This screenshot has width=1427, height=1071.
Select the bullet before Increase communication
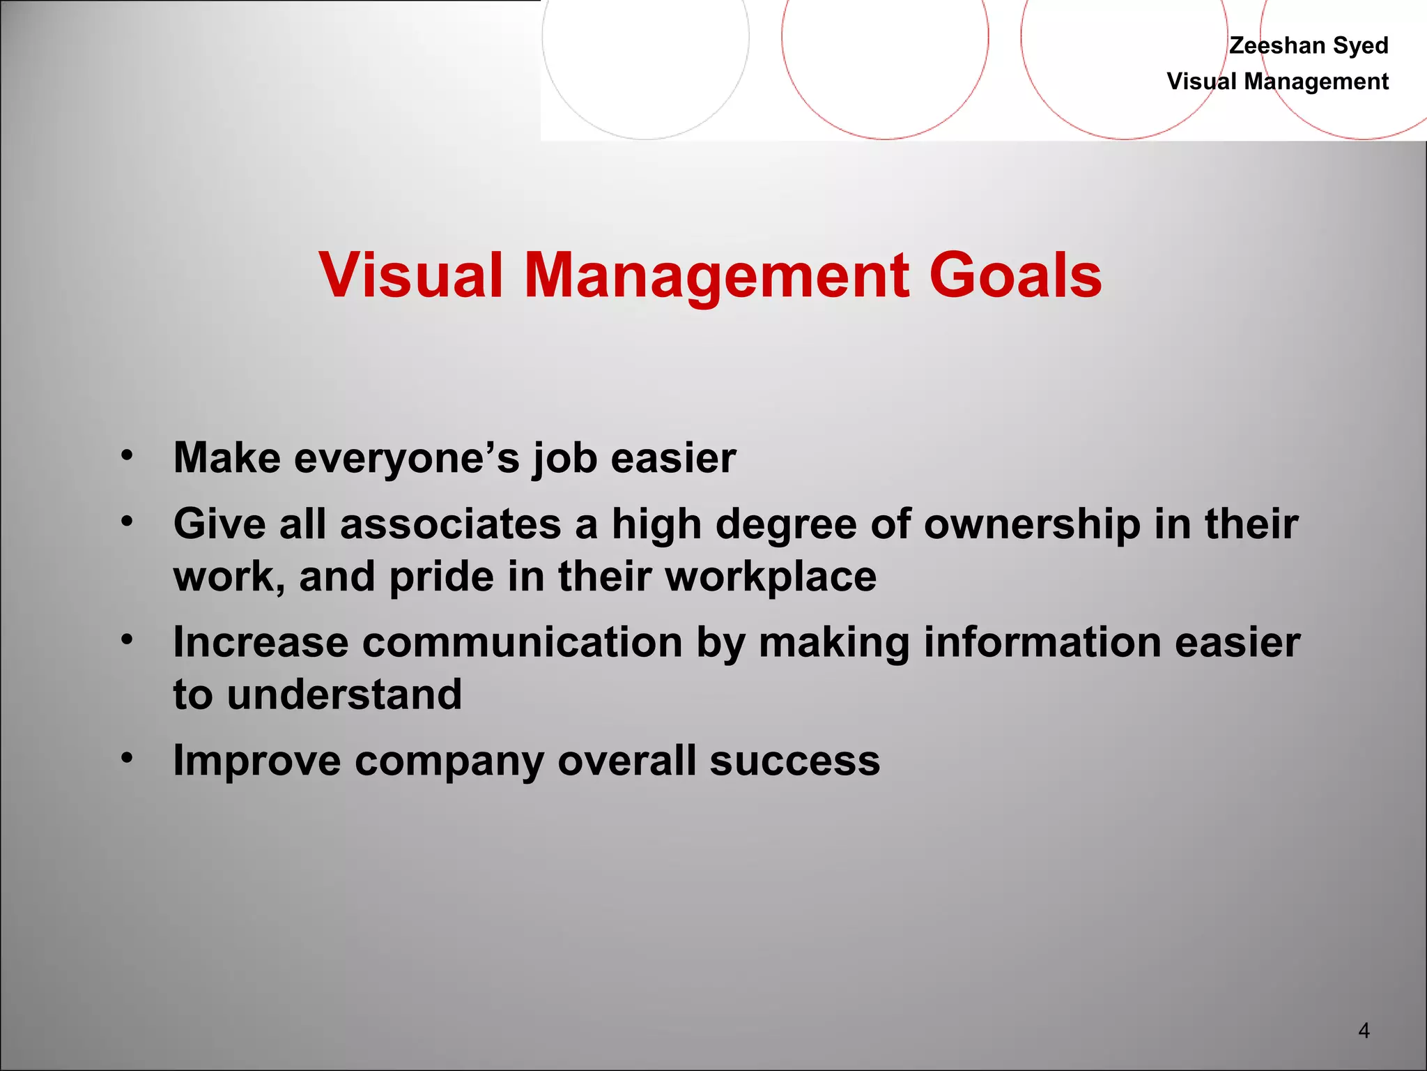pyautogui.click(x=126, y=639)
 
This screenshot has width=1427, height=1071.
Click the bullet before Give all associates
pyautogui.click(x=126, y=522)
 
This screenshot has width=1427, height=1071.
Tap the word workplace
pyautogui.click(x=771, y=577)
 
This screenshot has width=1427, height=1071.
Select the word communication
pyautogui.click(x=522, y=642)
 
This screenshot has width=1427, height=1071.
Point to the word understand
pyautogui.click(x=344, y=695)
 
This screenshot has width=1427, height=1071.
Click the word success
pyautogui.click(x=794, y=761)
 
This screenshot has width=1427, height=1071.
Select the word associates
pyautogui.click(x=451, y=524)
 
